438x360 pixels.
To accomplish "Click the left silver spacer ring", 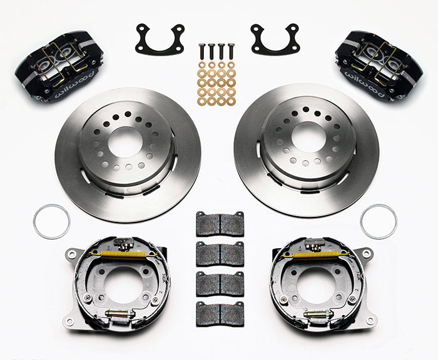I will (x=51, y=221).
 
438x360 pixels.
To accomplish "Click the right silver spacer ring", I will (x=379, y=221).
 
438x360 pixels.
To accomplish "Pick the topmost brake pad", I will (x=220, y=224).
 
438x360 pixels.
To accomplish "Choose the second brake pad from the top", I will (x=220, y=253).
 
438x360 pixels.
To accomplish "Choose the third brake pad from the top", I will (x=220, y=282).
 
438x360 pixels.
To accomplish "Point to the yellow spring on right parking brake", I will (x=316, y=254).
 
